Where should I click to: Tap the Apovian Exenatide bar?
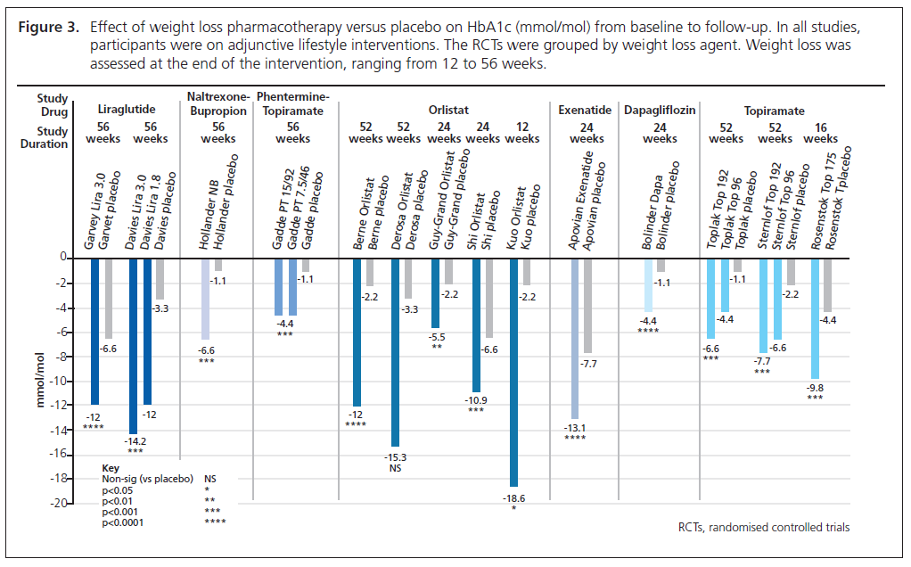pyautogui.click(x=575, y=338)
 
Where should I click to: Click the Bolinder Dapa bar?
pyautogui.click(x=648, y=284)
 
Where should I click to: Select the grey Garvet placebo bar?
pyautogui.click(x=108, y=298)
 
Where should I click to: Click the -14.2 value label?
pyautogui.click(x=135, y=440)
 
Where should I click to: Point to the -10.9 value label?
pyautogui.click(x=476, y=399)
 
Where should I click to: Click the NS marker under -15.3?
pyautogui.click(x=395, y=469)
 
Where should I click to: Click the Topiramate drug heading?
pyautogui.click(x=775, y=111)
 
